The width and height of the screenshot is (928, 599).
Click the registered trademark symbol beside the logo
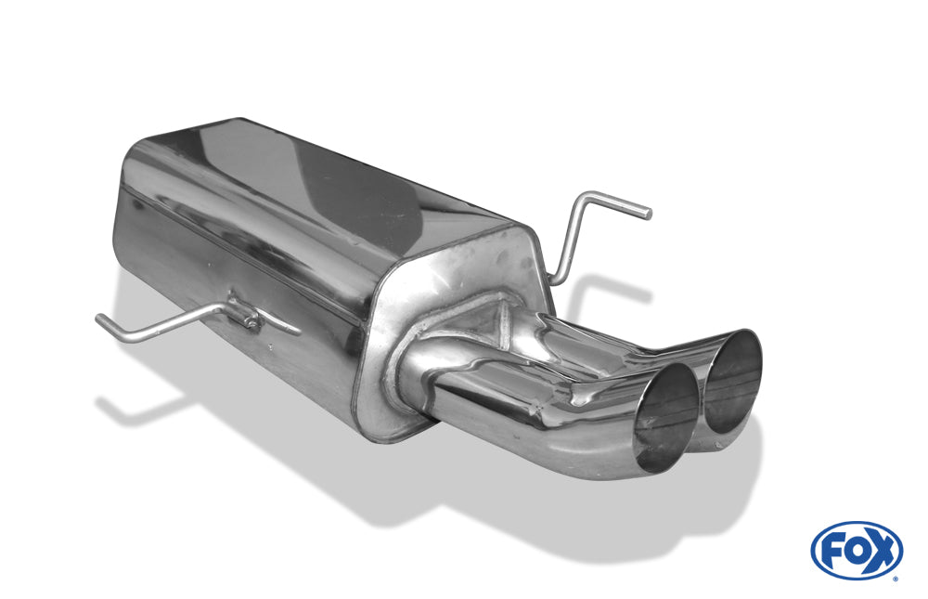click(895, 579)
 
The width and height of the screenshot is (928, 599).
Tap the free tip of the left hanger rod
click(98, 319)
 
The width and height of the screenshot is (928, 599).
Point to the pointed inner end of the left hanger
click(296, 332)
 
